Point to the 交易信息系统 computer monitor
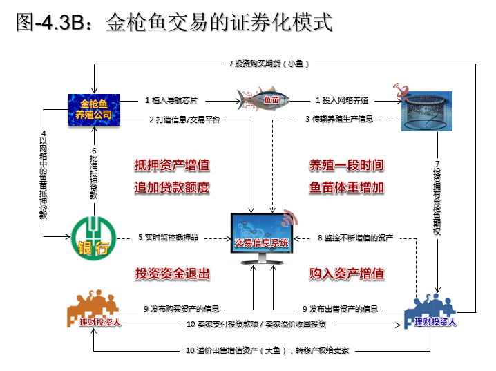click(261, 238)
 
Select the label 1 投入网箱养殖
click(343, 99)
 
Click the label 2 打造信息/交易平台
click(184, 119)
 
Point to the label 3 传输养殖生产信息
click(339, 119)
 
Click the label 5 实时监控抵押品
click(168, 238)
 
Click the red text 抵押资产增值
click(172, 166)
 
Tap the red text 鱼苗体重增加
click(346, 187)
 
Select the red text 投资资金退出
click(172, 273)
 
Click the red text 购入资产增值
click(346, 273)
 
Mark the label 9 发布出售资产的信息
click(340, 308)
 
